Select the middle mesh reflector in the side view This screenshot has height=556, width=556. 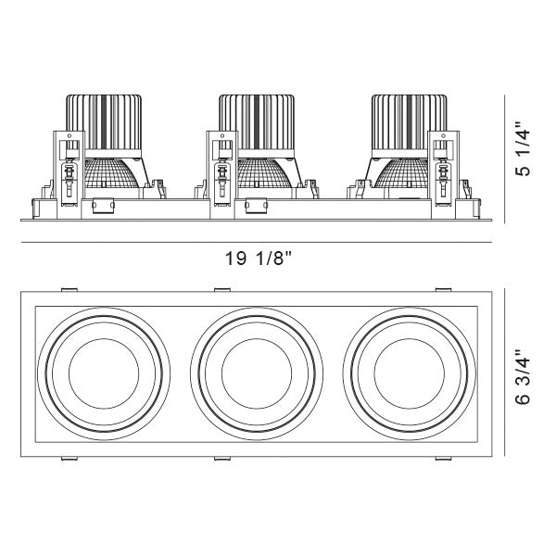262,175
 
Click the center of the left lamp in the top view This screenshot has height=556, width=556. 105,373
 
